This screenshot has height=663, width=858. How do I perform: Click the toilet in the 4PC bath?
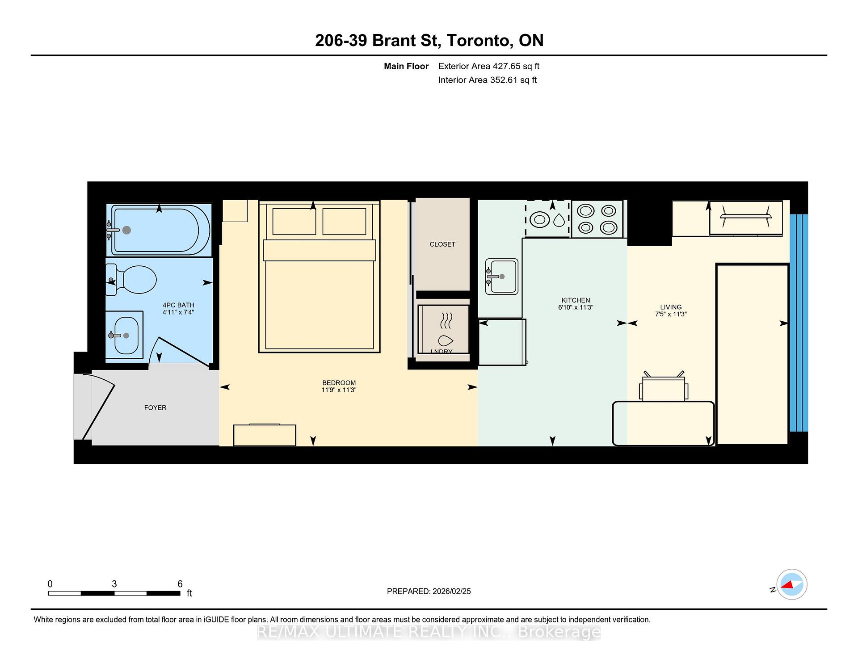[136, 280]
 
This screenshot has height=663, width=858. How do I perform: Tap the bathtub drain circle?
[126, 230]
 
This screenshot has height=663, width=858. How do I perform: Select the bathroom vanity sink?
[126, 335]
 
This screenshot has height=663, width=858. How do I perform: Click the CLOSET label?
[442, 244]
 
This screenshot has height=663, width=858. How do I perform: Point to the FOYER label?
[155, 407]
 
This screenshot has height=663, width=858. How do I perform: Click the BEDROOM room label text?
[339, 383]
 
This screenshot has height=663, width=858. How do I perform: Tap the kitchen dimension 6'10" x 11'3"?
[576, 307]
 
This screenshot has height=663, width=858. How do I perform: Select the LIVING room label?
[671, 307]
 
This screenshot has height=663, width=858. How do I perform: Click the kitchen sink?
[502, 277]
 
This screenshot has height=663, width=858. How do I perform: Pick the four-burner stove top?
[597, 219]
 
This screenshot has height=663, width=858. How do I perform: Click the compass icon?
[791, 584]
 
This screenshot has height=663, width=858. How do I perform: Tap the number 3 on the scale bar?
[114, 584]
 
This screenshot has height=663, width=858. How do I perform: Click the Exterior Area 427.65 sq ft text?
[488, 66]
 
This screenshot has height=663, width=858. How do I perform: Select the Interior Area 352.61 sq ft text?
[487, 80]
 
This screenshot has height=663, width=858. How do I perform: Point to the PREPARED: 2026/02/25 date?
[429, 591]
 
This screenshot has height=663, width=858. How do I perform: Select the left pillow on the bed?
[294, 221]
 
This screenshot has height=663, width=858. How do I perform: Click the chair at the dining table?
[663, 387]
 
